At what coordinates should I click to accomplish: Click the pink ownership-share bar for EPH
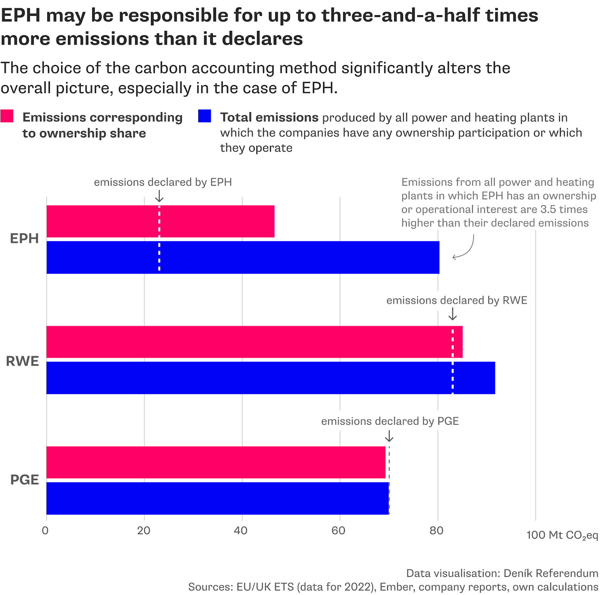click(160, 222)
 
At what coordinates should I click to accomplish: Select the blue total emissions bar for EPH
click(243, 257)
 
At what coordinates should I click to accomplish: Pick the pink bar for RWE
click(254, 342)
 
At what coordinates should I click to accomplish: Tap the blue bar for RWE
click(270, 378)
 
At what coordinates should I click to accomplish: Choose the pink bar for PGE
click(216, 462)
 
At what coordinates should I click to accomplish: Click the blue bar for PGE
click(217, 498)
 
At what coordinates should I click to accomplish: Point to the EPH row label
click(25, 239)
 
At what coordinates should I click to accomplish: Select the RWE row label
click(23, 361)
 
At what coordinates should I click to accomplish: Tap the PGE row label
click(25, 480)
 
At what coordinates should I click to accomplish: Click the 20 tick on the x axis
click(144, 531)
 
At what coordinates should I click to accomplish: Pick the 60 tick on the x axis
click(339, 531)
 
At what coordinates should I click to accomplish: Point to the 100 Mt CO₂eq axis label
click(562, 535)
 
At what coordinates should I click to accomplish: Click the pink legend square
click(7, 116)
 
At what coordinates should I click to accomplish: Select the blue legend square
click(204, 116)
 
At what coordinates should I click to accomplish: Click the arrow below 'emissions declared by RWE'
click(453, 314)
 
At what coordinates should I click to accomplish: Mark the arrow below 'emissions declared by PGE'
click(389, 436)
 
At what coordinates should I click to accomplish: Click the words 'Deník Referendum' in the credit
click(551, 573)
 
